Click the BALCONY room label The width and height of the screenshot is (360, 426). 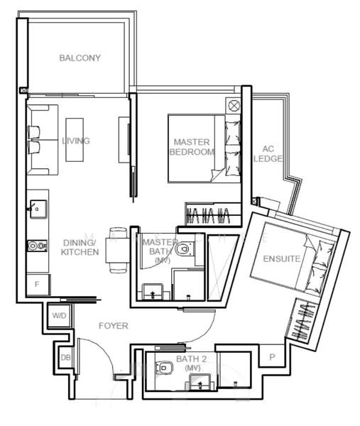pos(80,58)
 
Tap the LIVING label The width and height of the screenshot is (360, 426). pos(76,141)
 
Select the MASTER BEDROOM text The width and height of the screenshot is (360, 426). pos(192,147)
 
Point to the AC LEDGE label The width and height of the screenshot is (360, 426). pos(268,154)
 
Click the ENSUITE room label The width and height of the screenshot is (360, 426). pos(282,258)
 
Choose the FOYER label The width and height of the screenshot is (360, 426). pos(114,325)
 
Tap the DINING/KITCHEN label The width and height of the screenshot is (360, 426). pos(80,247)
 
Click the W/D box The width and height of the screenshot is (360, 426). pos(59,315)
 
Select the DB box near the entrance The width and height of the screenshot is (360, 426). pos(66,358)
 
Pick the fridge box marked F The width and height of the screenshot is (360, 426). pos(38,285)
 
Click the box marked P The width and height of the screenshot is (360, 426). pos(272,357)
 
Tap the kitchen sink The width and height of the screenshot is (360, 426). pos(38,209)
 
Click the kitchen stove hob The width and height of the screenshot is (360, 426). pos(37,246)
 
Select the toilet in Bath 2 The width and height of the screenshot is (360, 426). pos(164,368)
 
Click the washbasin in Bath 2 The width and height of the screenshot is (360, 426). pos(200,383)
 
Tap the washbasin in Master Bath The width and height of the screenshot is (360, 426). pos(153,293)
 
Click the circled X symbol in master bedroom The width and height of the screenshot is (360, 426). pos(234,105)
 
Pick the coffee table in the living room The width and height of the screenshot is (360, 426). pos(75,140)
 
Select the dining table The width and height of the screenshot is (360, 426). pos(118,250)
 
